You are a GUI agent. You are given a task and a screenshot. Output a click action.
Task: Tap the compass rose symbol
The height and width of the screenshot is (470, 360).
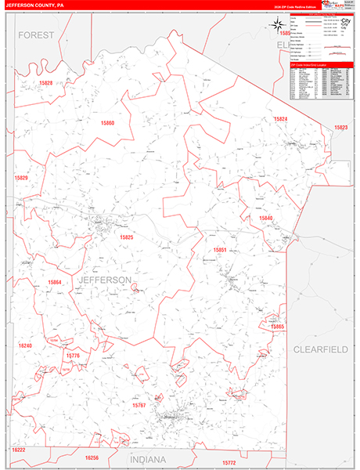tap(278, 24)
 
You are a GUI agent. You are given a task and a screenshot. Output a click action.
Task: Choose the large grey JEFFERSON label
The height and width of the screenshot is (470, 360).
tap(105, 280)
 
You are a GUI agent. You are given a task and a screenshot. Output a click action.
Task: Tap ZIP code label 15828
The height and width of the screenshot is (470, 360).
tap(45, 82)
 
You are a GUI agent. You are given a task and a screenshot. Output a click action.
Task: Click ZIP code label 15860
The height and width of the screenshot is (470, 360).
tap(107, 123)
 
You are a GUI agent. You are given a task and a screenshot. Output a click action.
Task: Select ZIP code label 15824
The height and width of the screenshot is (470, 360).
tap(280, 118)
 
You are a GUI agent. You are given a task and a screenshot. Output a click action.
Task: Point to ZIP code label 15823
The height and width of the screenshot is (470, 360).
tap(340, 127)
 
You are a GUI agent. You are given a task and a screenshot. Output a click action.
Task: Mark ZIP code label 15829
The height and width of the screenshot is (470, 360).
tap(21, 178)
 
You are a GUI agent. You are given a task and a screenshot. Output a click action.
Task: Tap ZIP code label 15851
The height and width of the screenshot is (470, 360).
tap(220, 250)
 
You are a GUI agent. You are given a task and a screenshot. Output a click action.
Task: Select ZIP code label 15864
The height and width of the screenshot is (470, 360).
tap(54, 282)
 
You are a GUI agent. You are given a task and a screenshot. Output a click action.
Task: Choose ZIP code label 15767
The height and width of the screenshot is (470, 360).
tap(139, 405)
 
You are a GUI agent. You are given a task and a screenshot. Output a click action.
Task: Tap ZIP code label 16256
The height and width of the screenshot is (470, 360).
tap(92, 457)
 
